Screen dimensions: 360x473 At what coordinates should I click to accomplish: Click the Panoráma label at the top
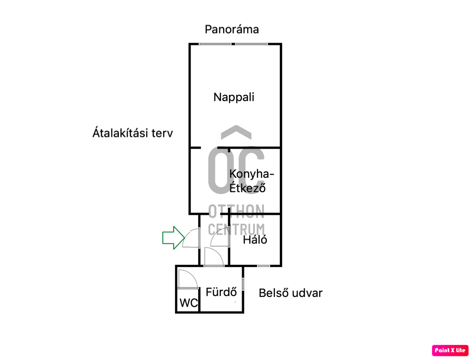(232, 29)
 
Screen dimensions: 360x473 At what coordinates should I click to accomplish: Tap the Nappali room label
(234, 97)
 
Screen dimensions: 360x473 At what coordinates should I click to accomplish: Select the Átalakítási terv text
(132, 133)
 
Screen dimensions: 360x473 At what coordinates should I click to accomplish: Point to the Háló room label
(255, 239)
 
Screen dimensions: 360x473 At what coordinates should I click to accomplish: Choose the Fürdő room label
(222, 292)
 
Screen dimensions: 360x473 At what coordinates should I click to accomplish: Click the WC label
(189, 303)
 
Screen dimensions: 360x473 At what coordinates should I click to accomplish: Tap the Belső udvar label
(290, 293)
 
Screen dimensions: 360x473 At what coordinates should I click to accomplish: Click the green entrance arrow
(173, 238)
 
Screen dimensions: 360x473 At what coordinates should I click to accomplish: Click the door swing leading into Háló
(220, 237)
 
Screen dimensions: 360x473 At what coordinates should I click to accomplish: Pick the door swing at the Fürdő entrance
(213, 257)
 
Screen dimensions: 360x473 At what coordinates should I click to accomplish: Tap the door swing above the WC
(186, 278)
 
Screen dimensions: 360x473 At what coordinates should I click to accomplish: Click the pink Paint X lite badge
(450, 350)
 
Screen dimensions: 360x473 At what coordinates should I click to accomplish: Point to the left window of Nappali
(215, 44)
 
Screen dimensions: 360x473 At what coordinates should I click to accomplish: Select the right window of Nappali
(251, 44)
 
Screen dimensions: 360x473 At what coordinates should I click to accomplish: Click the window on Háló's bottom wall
(263, 265)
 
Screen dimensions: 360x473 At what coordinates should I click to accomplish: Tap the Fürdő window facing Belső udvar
(244, 284)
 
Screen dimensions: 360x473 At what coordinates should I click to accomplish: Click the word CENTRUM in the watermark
(236, 229)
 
